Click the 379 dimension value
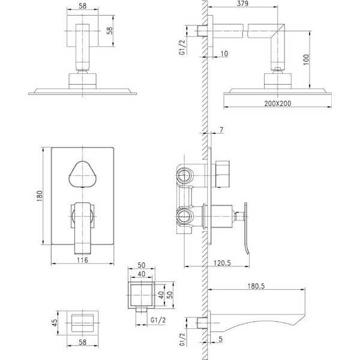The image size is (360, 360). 242,4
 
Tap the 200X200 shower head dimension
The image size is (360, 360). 278,104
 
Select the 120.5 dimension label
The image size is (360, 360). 222,263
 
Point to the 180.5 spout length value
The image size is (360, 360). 256,286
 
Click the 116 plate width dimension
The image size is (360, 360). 82,260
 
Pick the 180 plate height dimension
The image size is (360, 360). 40,196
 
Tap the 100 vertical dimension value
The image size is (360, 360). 306,59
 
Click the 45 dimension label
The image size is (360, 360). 55,323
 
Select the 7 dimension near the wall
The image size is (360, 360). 221,130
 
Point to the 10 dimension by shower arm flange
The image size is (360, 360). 224,54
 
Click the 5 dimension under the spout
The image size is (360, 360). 220,339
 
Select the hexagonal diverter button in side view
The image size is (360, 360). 223,174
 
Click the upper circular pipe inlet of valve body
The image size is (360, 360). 184,176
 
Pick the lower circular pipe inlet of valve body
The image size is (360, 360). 184,216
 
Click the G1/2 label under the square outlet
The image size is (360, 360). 158,320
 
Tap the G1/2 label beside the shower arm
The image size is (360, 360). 182,47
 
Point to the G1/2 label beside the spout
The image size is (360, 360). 182,340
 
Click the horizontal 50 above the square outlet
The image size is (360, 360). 142,265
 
